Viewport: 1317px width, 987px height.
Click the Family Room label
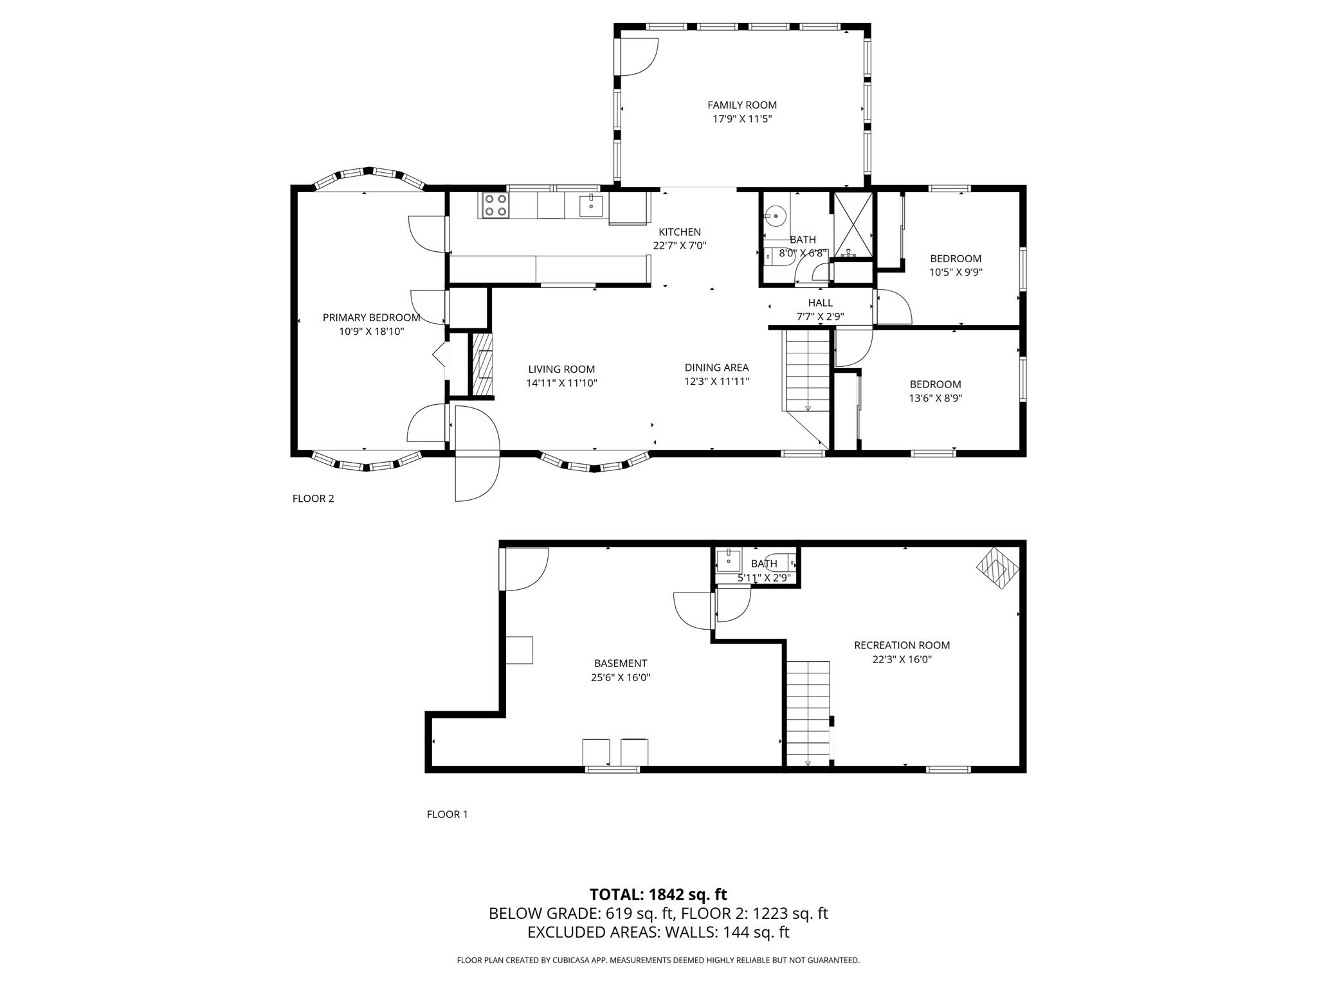tap(741, 105)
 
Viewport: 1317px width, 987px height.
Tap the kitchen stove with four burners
tap(494, 205)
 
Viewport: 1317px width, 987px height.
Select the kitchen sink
tap(591, 206)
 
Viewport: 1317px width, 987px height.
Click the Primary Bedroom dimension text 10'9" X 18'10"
tap(371, 332)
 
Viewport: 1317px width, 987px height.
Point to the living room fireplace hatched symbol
tap(482, 373)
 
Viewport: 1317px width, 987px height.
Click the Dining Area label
tap(716, 368)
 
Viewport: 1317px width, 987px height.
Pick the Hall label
tap(820, 303)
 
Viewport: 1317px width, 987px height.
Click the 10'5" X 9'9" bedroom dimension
tap(956, 272)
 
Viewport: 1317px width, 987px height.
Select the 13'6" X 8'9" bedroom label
tap(935, 384)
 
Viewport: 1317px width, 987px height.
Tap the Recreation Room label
tap(902, 645)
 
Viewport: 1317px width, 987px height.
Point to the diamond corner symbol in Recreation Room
tap(997, 567)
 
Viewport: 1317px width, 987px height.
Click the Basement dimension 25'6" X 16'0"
tap(621, 677)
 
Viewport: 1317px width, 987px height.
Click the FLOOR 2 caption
tap(313, 499)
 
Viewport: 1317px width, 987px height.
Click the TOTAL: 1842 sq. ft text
tap(658, 894)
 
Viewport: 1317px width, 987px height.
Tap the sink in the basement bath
tap(729, 560)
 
